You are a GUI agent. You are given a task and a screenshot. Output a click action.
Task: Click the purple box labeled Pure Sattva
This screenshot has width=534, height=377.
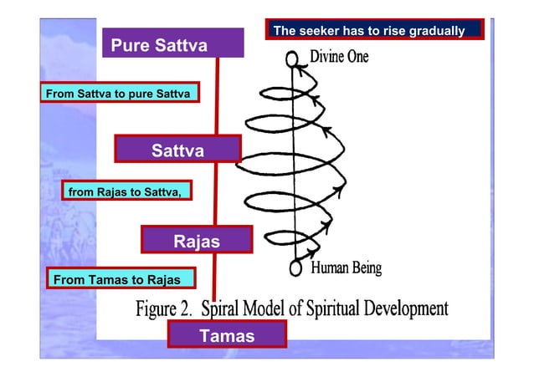[x=173, y=45]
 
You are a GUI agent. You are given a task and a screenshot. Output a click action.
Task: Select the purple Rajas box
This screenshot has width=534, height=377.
[x=197, y=241]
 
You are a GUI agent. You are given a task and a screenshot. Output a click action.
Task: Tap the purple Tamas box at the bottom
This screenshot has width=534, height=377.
[x=227, y=336]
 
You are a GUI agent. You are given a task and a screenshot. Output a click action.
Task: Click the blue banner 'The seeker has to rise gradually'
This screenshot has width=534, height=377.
[x=376, y=30]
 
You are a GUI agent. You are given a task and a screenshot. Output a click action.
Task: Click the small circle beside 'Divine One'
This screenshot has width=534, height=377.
[x=292, y=59]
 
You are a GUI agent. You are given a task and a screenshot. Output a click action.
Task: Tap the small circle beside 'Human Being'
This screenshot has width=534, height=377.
[x=295, y=268]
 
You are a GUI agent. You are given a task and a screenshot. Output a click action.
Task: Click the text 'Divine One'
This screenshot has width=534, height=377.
[x=339, y=59]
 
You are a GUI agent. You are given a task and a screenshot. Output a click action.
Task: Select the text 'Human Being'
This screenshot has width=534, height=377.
[x=346, y=268]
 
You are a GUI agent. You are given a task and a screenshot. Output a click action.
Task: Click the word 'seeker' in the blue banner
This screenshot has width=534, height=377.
[x=316, y=31]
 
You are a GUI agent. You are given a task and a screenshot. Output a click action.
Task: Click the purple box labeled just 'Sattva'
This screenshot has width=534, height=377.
[x=177, y=150]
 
